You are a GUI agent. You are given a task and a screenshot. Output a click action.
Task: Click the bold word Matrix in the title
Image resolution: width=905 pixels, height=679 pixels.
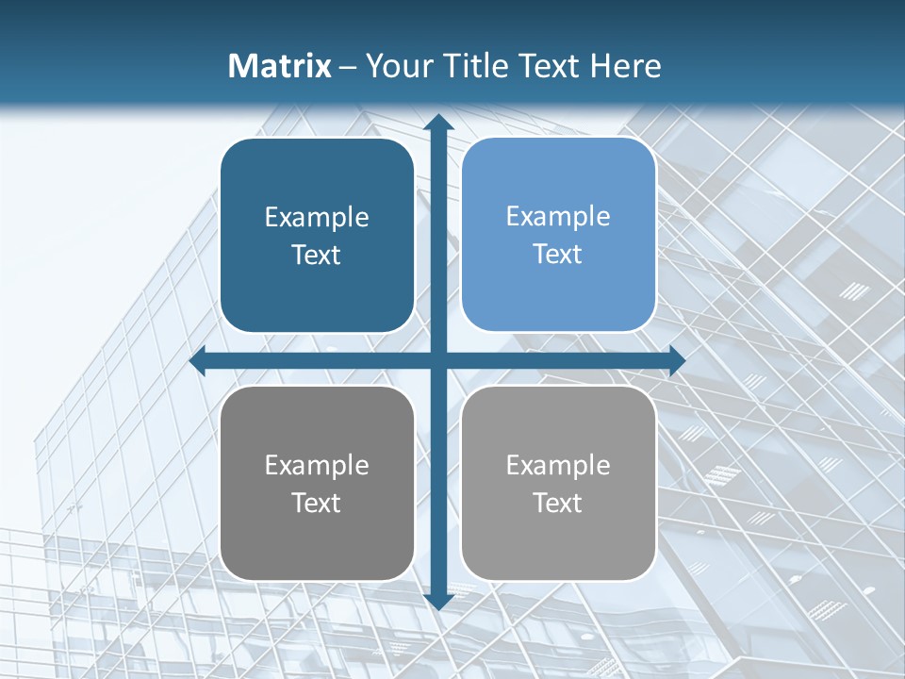point(280,66)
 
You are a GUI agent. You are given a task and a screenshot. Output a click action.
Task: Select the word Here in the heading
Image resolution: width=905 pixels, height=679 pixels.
point(625,66)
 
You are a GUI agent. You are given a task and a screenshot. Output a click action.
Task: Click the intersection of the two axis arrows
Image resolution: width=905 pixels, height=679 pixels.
point(438,361)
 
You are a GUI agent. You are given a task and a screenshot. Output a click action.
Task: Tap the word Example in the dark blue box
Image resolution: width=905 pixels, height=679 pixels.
point(317,218)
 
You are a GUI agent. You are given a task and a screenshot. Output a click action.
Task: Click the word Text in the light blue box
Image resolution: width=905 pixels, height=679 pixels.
point(558,255)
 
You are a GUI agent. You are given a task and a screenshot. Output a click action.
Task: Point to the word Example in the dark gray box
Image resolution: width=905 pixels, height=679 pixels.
point(317,466)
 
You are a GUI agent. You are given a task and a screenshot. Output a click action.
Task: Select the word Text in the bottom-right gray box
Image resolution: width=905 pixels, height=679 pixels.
point(558,504)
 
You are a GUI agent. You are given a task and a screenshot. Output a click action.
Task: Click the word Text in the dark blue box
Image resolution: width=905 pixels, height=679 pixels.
point(317,256)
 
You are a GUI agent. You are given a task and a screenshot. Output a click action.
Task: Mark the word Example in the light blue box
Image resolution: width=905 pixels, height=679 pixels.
point(558,217)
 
